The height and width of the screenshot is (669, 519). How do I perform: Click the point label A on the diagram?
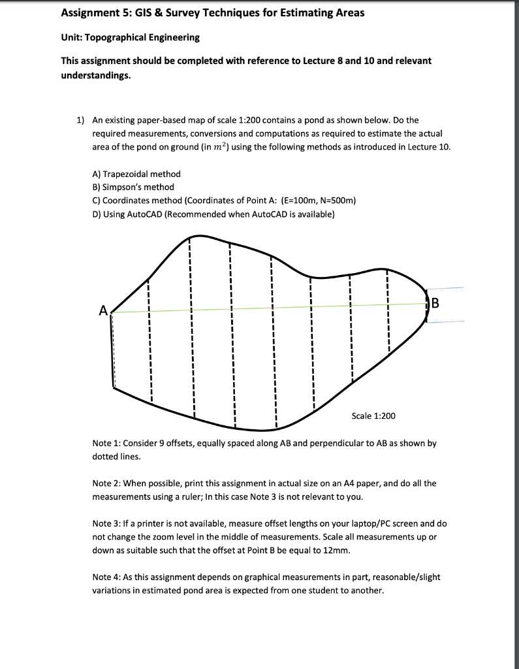[102, 311]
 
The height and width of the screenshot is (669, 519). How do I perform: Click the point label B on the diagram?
[436, 302]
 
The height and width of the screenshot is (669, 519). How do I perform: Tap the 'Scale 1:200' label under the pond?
[373, 416]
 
